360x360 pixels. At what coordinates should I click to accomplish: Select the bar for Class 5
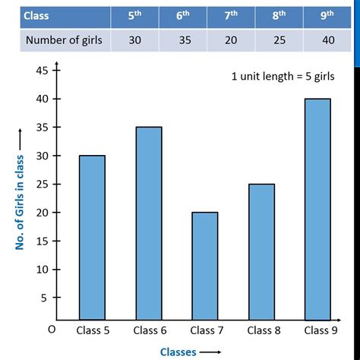(92, 237)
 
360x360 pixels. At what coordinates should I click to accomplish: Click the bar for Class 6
(148, 223)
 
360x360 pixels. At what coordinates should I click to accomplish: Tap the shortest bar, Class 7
(204, 265)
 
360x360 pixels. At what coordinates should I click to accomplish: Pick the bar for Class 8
(261, 251)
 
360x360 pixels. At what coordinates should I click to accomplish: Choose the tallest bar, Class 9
(316, 209)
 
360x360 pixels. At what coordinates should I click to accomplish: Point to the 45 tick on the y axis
(43, 71)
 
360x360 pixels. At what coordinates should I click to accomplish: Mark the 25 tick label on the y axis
(43, 185)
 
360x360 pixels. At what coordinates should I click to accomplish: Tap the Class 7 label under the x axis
(204, 330)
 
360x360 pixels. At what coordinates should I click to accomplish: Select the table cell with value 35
(185, 39)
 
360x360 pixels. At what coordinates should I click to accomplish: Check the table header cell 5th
(135, 14)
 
